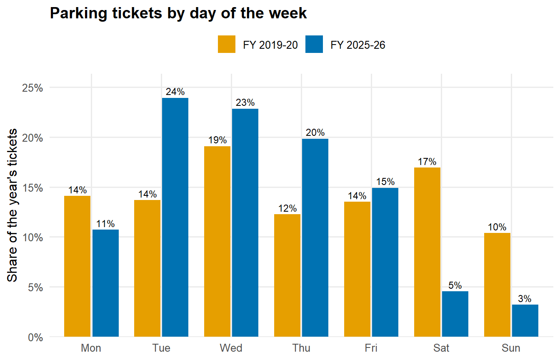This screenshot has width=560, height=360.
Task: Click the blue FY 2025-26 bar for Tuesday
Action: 175,217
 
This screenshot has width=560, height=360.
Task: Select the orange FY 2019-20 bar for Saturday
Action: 427,252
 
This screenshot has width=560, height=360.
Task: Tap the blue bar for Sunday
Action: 525,320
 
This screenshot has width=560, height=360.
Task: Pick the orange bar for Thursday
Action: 287,275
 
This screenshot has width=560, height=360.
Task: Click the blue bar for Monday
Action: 105,283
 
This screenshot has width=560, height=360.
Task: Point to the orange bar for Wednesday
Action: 217,242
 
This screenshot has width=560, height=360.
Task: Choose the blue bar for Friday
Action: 385,262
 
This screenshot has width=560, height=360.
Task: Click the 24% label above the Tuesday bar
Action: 175,92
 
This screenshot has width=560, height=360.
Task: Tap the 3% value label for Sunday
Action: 525,298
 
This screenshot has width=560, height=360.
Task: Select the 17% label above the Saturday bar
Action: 427,162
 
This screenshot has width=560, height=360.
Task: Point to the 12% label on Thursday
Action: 287,208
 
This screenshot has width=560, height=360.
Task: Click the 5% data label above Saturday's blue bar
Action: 455,285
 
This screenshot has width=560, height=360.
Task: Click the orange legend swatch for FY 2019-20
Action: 227,44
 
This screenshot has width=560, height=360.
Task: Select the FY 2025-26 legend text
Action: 358,45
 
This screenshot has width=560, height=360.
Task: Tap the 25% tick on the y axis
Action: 32,88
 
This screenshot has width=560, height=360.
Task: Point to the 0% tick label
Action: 35,337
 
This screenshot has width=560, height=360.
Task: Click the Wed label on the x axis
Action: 231,348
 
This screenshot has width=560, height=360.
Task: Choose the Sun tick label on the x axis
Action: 511,348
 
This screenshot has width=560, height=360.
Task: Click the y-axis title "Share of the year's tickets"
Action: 12,205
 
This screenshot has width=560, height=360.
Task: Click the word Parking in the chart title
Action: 79,13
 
